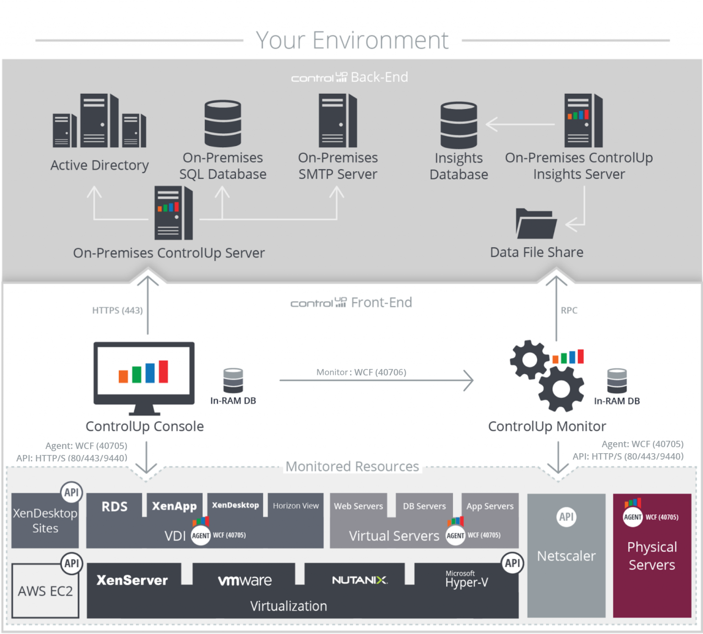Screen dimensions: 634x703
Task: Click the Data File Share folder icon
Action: (x=536, y=224)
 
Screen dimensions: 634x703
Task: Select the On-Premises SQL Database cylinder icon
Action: (x=222, y=123)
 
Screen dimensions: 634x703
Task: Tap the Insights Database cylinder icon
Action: (x=458, y=125)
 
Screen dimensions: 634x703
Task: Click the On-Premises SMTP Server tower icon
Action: (x=337, y=120)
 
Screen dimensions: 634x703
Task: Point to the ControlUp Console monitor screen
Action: (x=144, y=371)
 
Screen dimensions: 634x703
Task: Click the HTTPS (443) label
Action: (x=117, y=310)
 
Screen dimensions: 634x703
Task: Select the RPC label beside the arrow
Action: (x=569, y=310)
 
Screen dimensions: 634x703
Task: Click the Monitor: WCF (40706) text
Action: (x=361, y=372)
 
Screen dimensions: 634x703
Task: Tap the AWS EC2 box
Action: (x=45, y=591)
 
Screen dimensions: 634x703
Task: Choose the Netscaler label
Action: (x=566, y=556)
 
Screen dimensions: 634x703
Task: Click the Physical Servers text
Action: (x=652, y=556)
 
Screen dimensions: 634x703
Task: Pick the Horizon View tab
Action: (x=296, y=506)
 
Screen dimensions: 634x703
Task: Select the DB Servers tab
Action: (x=424, y=506)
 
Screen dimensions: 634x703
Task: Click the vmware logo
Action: (x=245, y=580)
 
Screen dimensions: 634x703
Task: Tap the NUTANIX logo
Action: (x=360, y=580)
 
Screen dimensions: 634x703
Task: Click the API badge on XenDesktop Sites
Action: (x=71, y=493)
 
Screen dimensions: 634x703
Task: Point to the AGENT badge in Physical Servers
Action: (x=633, y=517)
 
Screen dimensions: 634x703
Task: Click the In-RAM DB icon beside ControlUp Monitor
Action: (x=616, y=381)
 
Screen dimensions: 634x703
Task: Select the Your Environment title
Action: (x=352, y=40)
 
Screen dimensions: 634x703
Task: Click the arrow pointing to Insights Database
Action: (x=519, y=124)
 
